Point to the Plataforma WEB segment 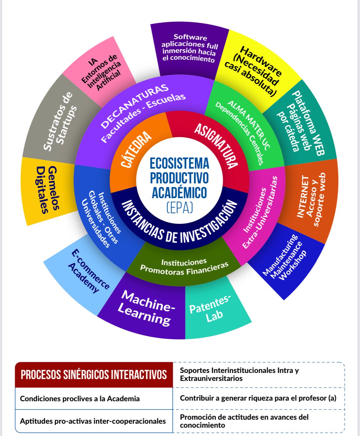pyautogui.click(x=302, y=123)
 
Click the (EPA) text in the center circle pyautogui.click(x=180, y=208)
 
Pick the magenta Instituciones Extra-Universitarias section pyautogui.click(x=260, y=212)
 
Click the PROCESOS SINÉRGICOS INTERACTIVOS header pyautogui.click(x=94, y=375)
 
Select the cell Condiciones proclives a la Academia pyautogui.click(x=80, y=399)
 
